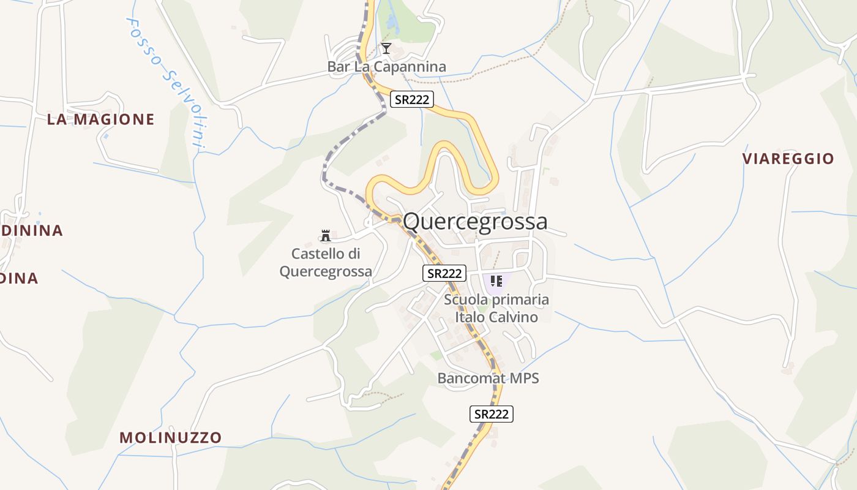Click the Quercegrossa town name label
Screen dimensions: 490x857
click(x=475, y=221)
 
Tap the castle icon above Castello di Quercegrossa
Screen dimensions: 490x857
click(x=326, y=235)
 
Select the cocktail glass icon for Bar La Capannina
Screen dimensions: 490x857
click(x=386, y=48)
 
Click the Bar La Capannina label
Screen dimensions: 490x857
click(x=387, y=67)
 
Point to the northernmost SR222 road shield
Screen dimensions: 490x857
click(x=412, y=99)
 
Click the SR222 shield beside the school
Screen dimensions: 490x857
click(x=444, y=273)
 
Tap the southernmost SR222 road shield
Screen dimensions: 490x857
click(x=491, y=414)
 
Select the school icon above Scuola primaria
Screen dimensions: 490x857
click(x=496, y=281)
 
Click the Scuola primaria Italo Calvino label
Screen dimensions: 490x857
click(x=496, y=308)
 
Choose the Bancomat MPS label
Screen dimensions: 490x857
click(x=488, y=379)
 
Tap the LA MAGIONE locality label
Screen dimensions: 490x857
click(x=101, y=119)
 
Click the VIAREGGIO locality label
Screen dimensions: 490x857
click(x=788, y=159)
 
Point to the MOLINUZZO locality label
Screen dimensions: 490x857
click(x=170, y=437)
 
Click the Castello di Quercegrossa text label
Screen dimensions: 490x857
click(x=326, y=262)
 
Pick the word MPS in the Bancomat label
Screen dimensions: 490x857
click(x=524, y=379)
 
